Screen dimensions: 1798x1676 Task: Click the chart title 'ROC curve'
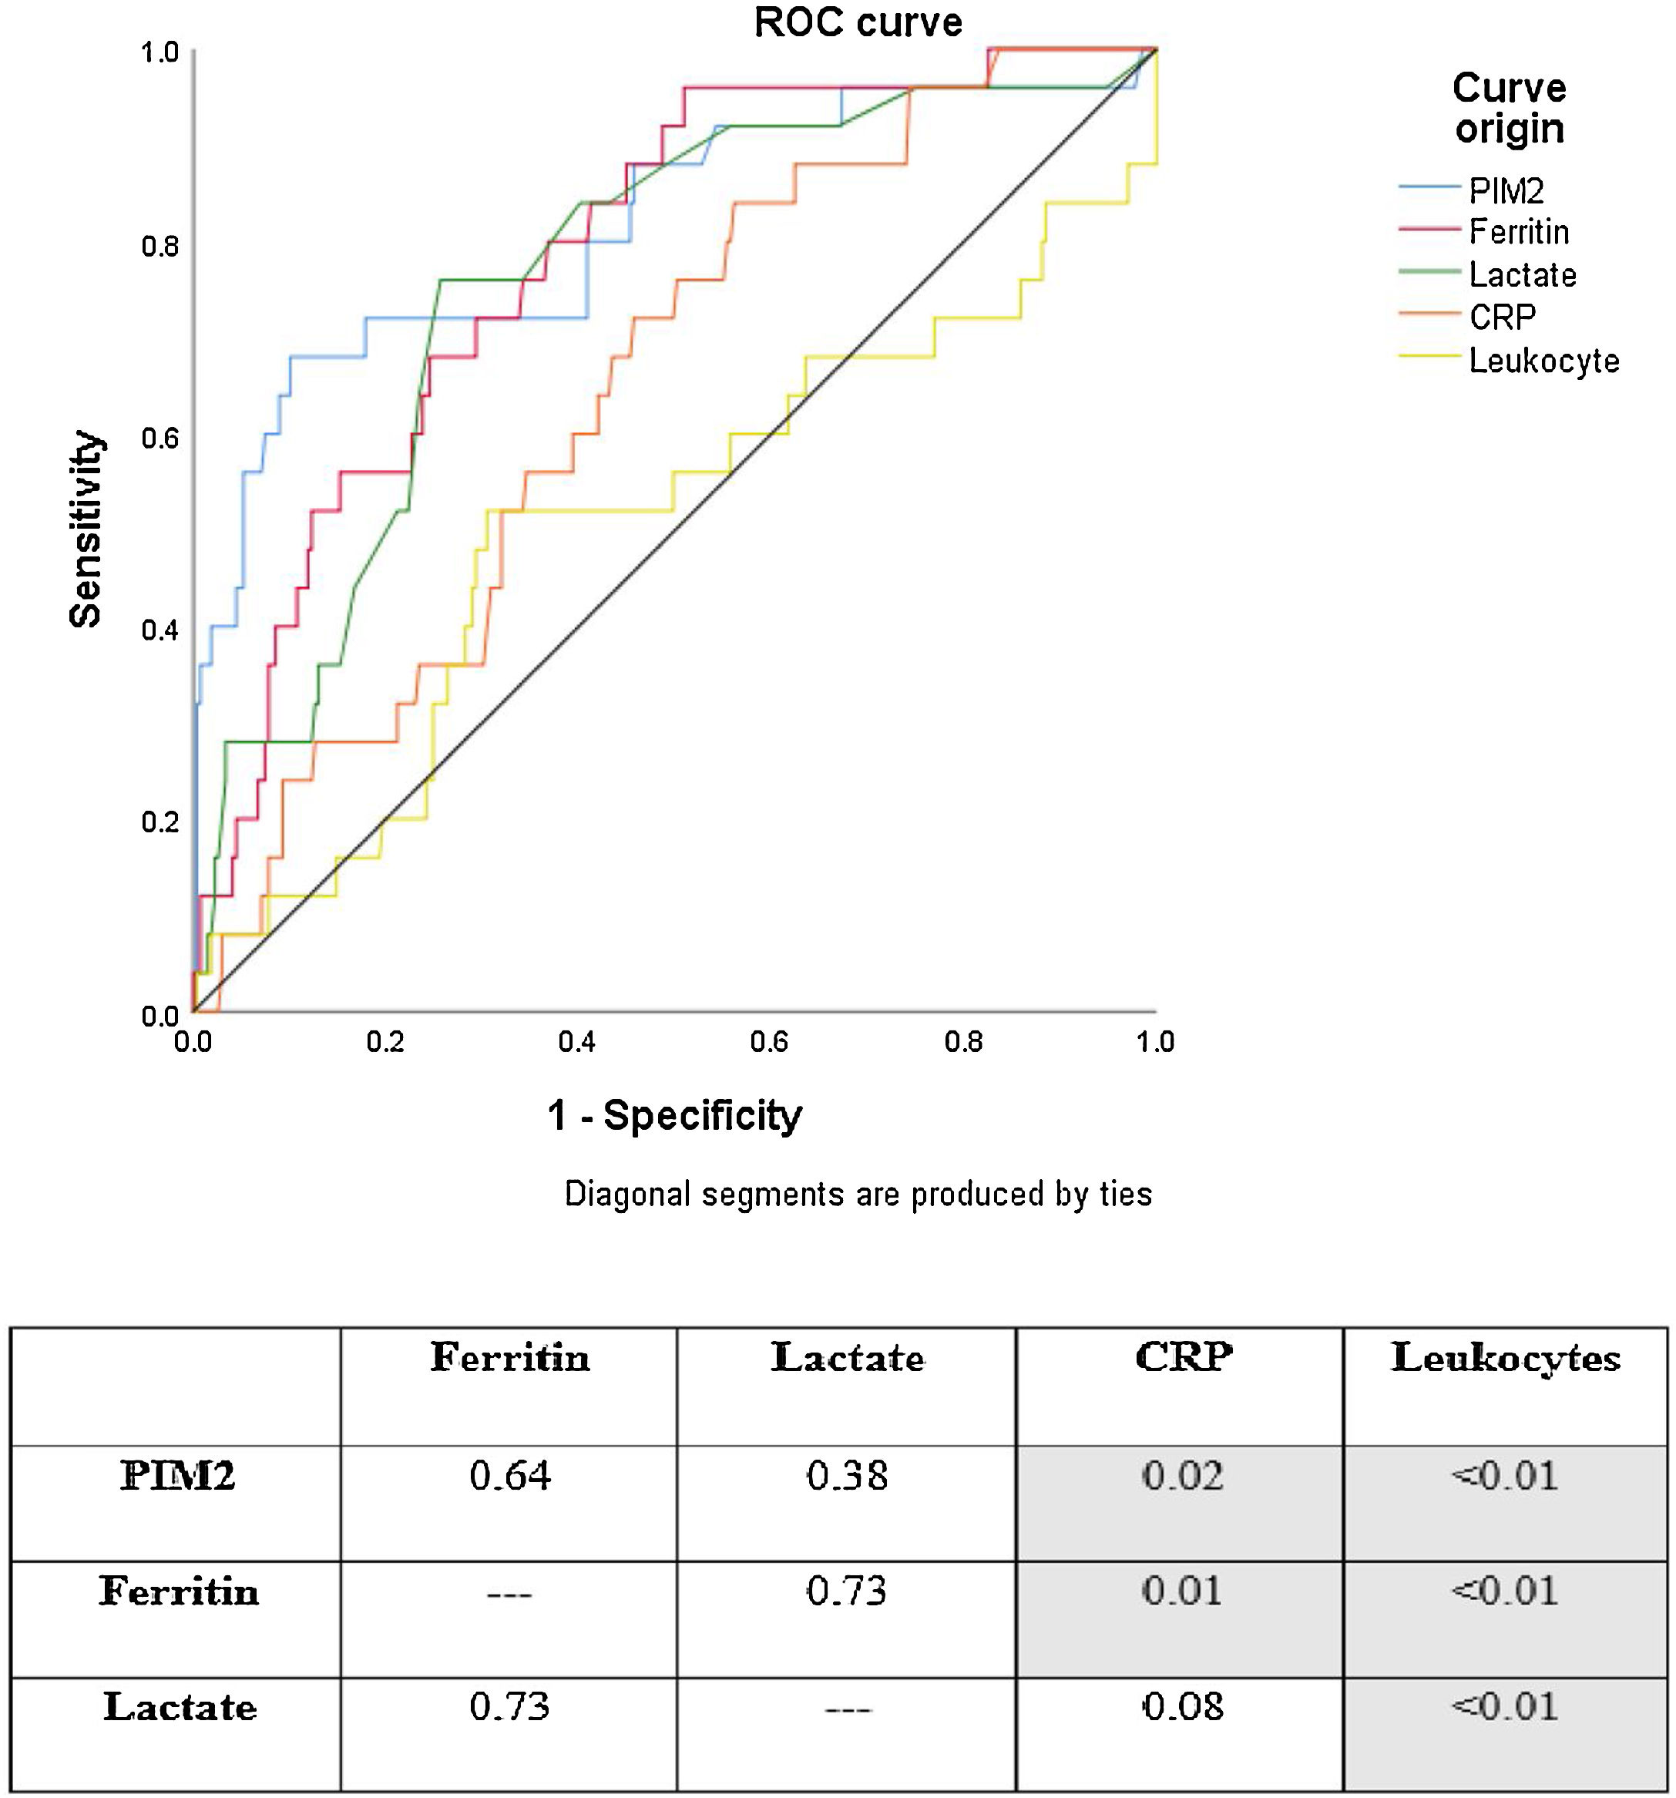[x=858, y=22]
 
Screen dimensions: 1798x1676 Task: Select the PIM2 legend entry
[x=1505, y=191]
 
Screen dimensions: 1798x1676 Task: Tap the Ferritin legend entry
[x=1518, y=233]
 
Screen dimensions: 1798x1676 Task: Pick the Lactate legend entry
[x=1521, y=275]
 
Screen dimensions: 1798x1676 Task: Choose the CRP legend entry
[x=1501, y=318]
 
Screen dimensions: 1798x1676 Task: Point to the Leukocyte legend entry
[x=1543, y=360]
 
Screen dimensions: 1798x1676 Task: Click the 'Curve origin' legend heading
[x=1509, y=109]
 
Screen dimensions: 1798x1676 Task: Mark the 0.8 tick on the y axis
[x=160, y=246]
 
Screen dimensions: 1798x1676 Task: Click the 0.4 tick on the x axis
[x=577, y=1043]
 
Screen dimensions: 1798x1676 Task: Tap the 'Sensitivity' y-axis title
[x=86, y=529]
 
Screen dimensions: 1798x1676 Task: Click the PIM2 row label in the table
[x=177, y=1476]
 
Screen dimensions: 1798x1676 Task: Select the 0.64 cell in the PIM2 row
[x=509, y=1476]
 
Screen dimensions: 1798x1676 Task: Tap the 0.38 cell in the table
[x=847, y=1476]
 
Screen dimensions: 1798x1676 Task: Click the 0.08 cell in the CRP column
[x=1181, y=1706]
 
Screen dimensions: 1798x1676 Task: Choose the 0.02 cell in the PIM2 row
[x=1181, y=1476]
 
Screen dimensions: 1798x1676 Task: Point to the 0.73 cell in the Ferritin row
[x=847, y=1591]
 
